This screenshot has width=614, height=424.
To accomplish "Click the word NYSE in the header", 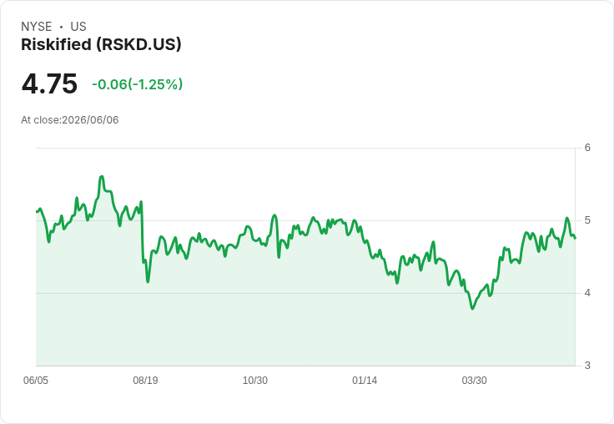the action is (x=37, y=27).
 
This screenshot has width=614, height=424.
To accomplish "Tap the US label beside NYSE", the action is (x=78, y=27).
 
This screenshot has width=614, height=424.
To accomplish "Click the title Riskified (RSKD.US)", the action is (x=101, y=44).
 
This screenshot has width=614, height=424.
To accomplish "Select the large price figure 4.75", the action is (x=49, y=83).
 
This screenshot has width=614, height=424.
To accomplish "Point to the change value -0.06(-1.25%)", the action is (x=137, y=84).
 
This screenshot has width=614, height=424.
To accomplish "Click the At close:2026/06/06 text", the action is (x=70, y=120).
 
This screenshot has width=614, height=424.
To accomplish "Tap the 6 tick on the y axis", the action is (x=587, y=148).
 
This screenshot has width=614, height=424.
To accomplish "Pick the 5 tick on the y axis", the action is (x=587, y=220).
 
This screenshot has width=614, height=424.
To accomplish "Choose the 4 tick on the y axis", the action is (x=587, y=293).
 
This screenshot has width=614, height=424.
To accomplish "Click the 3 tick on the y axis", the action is (x=587, y=366).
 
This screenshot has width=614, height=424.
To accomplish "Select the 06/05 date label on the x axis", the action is (x=36, y=380).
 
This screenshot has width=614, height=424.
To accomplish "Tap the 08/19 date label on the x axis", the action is (x=145, y=380).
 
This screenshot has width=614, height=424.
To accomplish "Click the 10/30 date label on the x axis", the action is (x=255, y=380).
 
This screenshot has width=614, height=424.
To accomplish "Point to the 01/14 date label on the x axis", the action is (x=365, y=380).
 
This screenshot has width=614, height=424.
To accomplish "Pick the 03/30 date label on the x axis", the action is (x=474, y=380).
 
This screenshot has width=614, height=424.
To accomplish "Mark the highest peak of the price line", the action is (x=102, y=176).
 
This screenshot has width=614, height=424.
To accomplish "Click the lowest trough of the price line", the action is (x=473, y=308).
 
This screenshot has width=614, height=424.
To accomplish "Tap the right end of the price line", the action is (x=575, y=238).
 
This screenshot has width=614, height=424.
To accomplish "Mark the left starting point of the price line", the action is (x=37, y=212).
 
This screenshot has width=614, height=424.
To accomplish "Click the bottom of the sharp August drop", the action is (x=148, y=281).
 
